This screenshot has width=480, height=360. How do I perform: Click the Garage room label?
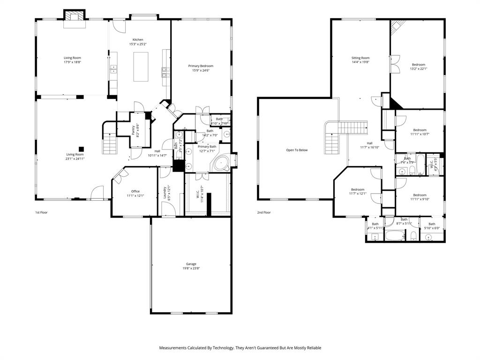(x=191, y=266)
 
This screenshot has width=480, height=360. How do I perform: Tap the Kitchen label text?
(x=138, y=42)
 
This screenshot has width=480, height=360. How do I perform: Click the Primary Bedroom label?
(x=201, y=68)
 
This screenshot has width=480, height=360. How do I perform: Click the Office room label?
(x=135, y=193)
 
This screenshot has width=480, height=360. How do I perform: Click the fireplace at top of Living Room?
(x=74, y=16)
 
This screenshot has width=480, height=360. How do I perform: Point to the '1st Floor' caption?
(x=41, y=212)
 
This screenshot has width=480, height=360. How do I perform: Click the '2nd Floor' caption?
(x=264, y=212)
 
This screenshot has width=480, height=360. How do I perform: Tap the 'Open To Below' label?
(x=297, y=150)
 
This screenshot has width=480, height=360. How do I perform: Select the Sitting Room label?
(x=360, y=60)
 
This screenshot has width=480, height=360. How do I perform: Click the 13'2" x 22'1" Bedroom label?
(x=419, y=67)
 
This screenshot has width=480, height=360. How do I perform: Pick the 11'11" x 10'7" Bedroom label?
(x=420, y=132)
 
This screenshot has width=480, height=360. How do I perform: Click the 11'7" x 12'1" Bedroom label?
(x=357, y=191)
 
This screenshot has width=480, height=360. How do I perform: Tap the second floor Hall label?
(x=369, y=145)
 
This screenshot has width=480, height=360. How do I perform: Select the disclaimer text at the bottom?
(x=240, y=348)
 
